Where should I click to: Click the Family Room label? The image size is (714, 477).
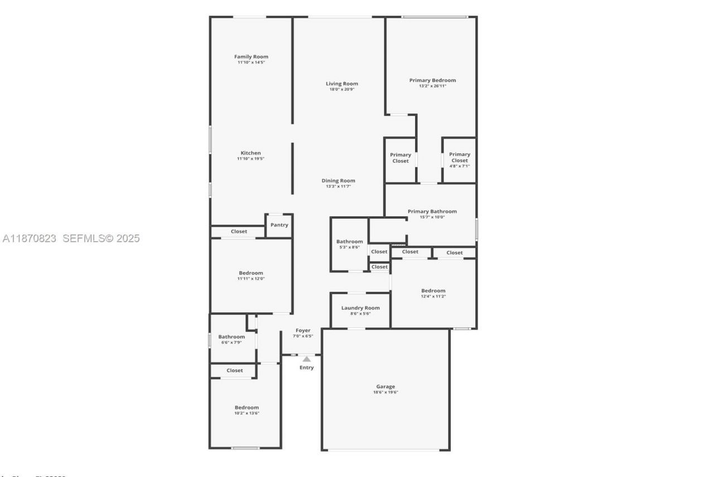(x=251, y=56)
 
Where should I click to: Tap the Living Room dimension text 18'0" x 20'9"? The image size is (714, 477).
(x=342, y=89)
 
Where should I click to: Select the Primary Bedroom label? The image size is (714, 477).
(x=432, y=80)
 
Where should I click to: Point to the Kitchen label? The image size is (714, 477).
(x=250, y=153)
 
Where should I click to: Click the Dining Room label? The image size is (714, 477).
(x=338, y=180)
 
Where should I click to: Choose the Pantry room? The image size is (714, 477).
(x=279, y=225)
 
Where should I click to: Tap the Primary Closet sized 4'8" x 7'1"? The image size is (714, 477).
(x=460, y=160)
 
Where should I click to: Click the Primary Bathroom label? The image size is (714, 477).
(x=432, y=211)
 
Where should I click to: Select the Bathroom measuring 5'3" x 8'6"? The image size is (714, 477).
(x=349, y=244)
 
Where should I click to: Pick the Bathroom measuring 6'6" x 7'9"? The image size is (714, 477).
(x=231, y=338)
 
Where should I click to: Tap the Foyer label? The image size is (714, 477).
(x=303, y=330)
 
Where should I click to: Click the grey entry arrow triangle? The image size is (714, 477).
(x=307, y=359)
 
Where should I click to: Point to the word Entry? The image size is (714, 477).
(x=307, y=368)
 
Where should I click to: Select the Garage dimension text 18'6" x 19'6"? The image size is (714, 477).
(x=385, y=392)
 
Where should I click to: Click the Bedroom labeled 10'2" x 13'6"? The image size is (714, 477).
(x=246, y=409)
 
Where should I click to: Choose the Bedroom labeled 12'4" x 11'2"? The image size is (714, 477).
(x=433, y=293)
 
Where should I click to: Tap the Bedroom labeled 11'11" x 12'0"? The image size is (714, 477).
(x=251, y=275)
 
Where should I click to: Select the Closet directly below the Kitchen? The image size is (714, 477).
(x=239, y=231)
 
